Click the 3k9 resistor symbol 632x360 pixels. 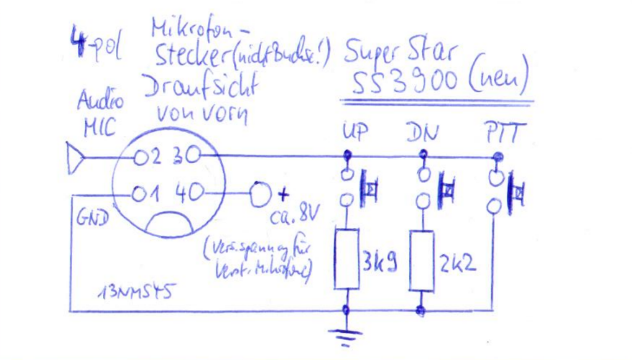click(x=347, y=259)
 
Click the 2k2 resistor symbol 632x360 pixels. click(x=423, y=261)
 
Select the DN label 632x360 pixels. click(x=423, y=132)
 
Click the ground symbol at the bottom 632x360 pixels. click(x=346, y=336)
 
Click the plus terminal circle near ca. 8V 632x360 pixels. click(x=259, y=195)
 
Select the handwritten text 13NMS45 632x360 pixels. click(x=133, y=290)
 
